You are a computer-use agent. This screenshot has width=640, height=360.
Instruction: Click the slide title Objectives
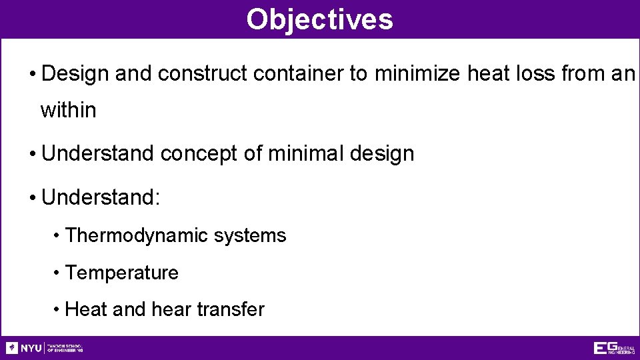coord(319,19)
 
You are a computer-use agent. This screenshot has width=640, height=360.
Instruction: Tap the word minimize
coord(417,73)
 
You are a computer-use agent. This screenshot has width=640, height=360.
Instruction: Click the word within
coord(68,110)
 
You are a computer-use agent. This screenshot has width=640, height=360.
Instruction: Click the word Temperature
coord(122,273)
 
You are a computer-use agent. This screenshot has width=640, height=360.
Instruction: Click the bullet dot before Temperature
coord(59,273)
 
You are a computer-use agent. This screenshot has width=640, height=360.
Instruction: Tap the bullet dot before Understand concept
coord(33,154)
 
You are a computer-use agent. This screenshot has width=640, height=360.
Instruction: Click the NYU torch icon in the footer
coord(12,348)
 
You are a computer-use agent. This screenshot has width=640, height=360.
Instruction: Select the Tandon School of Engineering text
coord(65,348)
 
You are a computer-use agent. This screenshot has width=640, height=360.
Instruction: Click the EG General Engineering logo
coord(613,348)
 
